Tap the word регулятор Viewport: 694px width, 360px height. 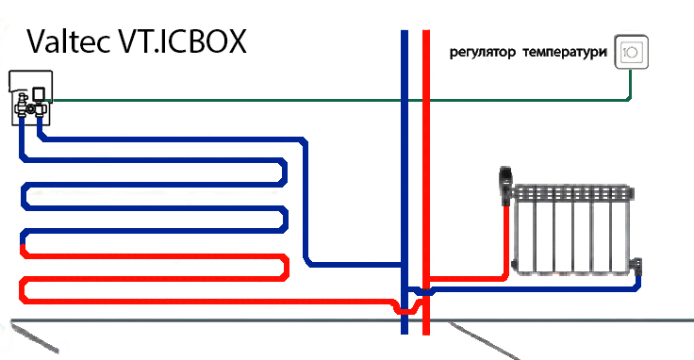484,53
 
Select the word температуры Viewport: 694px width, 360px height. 562,53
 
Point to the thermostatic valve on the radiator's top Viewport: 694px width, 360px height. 506,185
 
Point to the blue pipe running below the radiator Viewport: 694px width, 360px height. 537,288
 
